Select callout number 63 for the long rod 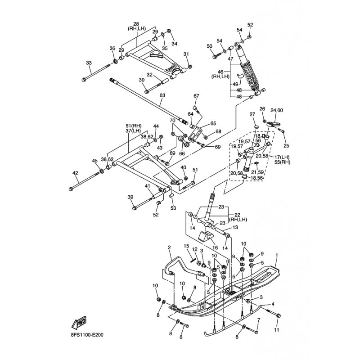pyautogui.click(x=162, y=95)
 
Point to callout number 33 pyautogui.click(x=88, y=63)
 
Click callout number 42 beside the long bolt pyautogui.click(x=75, y=173)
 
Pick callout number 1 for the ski pyautogui.click(x=276, y=255)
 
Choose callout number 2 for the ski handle pyautogui.click(x=170, y=247)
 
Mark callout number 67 pyautogui.click(x=196, y=96)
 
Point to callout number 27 pyautogui.click(x=252, y=114)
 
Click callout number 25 pyautogui.click(x=285, y=146)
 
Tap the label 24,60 pyautogui.click(x=277, y=110)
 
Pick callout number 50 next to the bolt pyautogui.click(x=209, y=46)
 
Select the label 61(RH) pyautogui.click(x=134, y=126)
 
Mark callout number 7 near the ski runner pyautogui.click(x=258, y=320)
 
